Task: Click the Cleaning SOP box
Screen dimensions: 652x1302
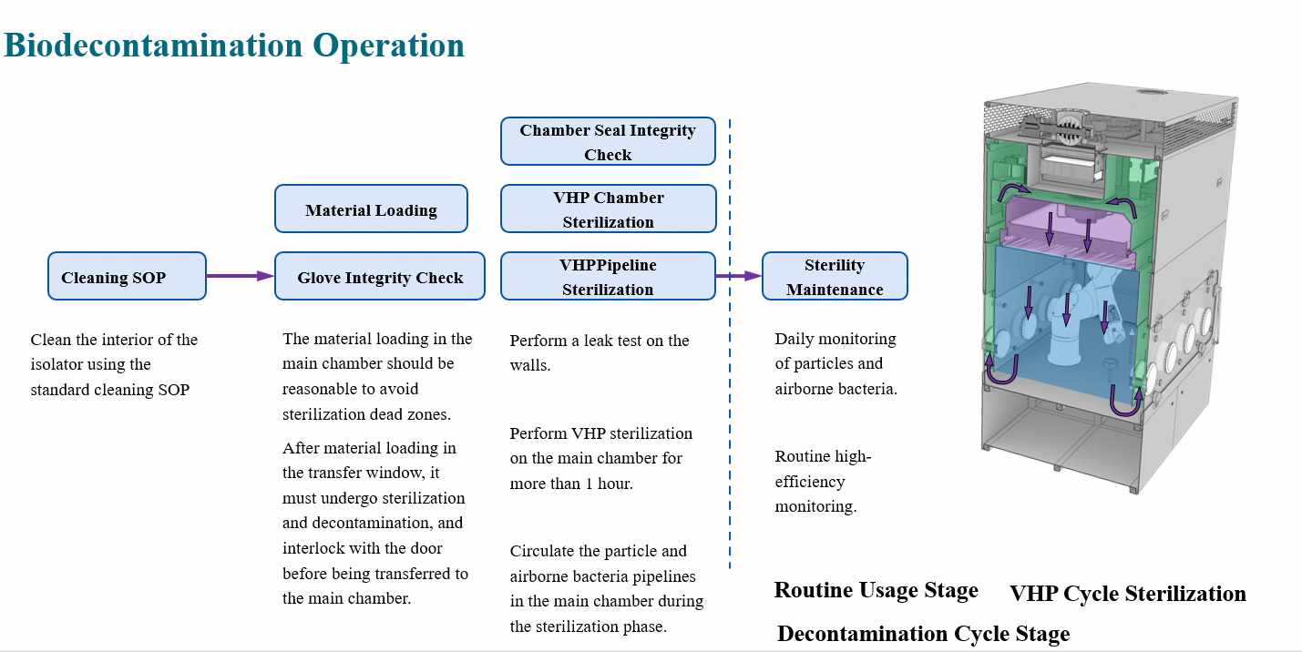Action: (127, 276)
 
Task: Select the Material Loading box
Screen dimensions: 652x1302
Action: (371, 209)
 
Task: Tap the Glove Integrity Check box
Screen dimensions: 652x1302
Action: (380, 277)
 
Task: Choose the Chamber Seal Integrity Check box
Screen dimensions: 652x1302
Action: (608, 142)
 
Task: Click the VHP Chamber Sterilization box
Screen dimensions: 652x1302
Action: (608, 209)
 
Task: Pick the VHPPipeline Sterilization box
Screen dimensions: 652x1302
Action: (608, 277)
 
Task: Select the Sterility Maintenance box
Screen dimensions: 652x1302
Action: (835, 277)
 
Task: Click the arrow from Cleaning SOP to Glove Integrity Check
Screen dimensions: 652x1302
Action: (240, 276)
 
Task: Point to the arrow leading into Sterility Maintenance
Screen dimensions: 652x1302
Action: (738, 276)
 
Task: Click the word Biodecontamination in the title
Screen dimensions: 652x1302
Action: (154, 45)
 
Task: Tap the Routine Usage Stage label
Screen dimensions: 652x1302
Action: (876, 590)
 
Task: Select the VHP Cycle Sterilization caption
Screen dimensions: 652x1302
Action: (1127, 594)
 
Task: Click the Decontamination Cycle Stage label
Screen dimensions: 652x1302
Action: (923, 634)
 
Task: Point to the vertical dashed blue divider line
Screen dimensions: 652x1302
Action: (730, 410)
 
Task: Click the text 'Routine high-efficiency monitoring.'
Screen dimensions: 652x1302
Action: (815, 482)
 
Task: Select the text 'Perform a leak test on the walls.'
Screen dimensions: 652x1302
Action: (599, 352)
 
